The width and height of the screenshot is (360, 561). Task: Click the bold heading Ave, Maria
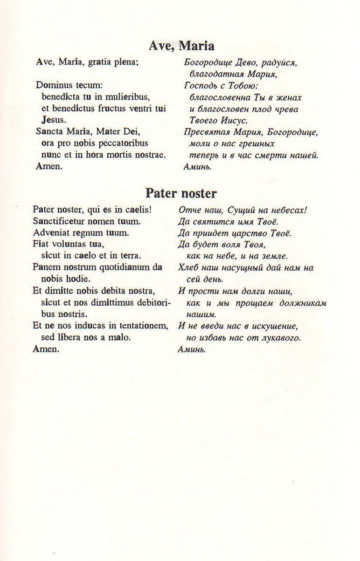pyautogui.click(x=181, y=46)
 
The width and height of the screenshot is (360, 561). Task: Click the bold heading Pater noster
pyautogui.click(x=181, y=193)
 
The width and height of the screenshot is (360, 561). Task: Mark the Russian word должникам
pyautogui.click(x=301, y=303)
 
